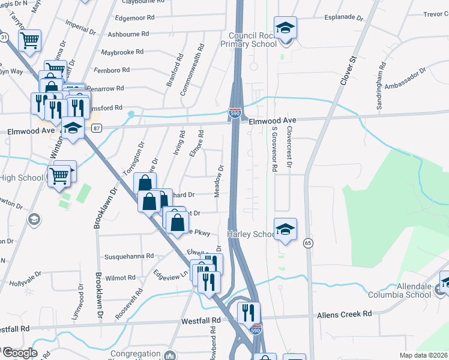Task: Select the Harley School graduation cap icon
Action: [x=285, y=229]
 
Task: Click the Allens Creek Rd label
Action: [x=345, y=314]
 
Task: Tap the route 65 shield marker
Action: [x=309, y=243]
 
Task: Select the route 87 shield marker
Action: [x=97, y=127]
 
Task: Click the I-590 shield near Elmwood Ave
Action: [x=235, y=112]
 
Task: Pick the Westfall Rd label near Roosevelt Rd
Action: [x=201, y=321]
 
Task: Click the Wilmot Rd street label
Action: [x=121, y=278]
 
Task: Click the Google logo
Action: [x=19, y=353]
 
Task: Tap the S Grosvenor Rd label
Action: [x=274, y=148]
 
